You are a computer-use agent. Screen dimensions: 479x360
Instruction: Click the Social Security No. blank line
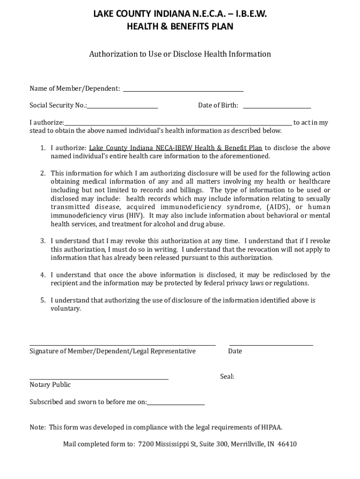click(x=122, y=108)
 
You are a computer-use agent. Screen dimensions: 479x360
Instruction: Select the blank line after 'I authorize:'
click(x=178, y=125)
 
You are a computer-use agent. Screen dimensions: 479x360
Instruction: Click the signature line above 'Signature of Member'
click(x=122, y=345)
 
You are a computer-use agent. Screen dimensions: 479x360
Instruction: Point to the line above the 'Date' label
click(x=271, y=345)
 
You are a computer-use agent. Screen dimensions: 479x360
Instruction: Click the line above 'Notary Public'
click(x=99, y=378)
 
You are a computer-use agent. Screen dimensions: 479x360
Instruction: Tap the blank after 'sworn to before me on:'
click(x=176, y=404)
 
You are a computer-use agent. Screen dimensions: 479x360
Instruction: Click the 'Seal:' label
click(x=227, y=377)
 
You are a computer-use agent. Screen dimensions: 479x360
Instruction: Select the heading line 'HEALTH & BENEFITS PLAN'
click(x=180, y=27)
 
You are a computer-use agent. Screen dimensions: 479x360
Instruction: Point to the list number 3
click(x=42, y=241)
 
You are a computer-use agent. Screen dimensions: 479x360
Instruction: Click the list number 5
click(x=42, y=300)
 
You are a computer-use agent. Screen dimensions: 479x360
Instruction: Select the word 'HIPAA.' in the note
click(x=271, y=427)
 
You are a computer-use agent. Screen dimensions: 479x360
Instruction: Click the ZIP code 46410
click(x=287, y=444)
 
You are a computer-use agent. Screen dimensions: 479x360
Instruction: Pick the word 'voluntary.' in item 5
click(x=66, y=309)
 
